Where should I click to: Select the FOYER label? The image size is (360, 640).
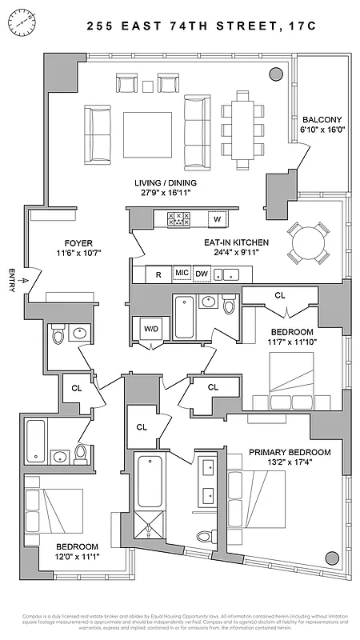pyautogui.click(x=72, y=247)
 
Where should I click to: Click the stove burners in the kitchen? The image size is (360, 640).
pyautogui.click(x=177, y=218)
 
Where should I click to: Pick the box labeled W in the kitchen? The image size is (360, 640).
pyautogui.click(x=217, y=218)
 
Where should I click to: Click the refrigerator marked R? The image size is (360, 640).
pyautogui.click(x=158, y=274)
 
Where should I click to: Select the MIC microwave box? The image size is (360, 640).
pyautogui.click(x=182, y=274)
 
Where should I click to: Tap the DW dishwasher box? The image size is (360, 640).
pyautogui.click(x=202, y=274)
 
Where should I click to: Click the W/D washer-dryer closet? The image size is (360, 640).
pyautogui.click(x=150, y=328)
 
